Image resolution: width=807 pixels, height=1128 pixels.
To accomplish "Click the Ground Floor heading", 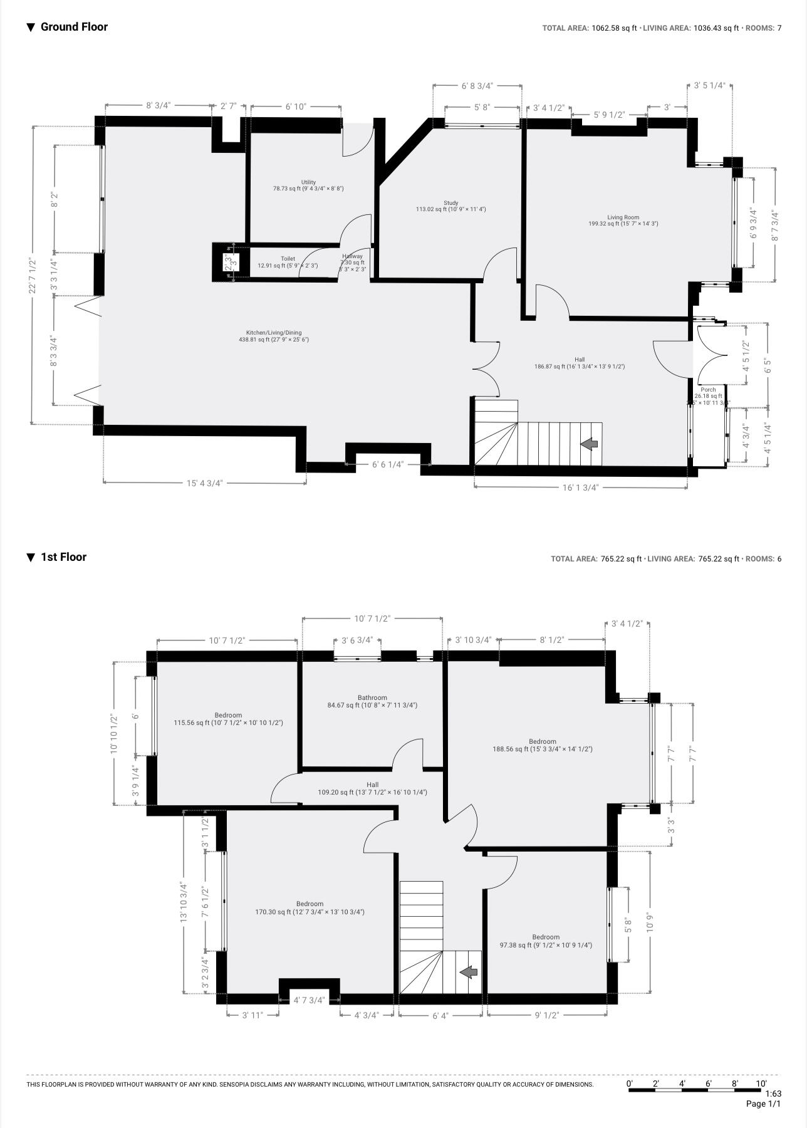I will [x=73, y=27].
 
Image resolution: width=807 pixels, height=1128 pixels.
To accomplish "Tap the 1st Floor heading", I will [x=63, y=557].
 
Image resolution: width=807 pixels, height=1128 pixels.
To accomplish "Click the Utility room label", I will [x=308, y=185].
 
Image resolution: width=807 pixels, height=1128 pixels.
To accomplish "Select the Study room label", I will [x=450, y=206].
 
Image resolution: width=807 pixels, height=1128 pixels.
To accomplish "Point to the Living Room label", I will [x=623, y=221].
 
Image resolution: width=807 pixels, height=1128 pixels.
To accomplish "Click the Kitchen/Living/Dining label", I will [x=274, y=337].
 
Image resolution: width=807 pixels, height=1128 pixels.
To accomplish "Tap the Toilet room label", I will [x=288, y=262].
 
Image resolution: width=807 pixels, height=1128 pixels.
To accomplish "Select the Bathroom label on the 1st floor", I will [x=372, y=701].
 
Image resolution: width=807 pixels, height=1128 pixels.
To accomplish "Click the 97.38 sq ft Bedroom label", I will [x=545, y=941].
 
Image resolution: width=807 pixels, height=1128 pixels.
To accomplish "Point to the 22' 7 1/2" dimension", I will [x=33, y=276].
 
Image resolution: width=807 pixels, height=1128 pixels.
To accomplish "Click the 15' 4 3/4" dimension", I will [x=204, y=483].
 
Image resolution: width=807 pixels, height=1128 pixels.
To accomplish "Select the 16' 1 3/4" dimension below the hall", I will [x=580, y=487].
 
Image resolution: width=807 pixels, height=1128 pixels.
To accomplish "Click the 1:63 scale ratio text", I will [x=773, y=1094].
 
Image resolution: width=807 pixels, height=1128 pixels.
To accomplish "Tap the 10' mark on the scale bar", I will [x=761, y=1084].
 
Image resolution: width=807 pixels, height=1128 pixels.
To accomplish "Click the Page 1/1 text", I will [x=763, y=1104].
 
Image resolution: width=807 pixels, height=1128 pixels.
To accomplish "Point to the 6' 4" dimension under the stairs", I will [x=440, y=1016].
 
